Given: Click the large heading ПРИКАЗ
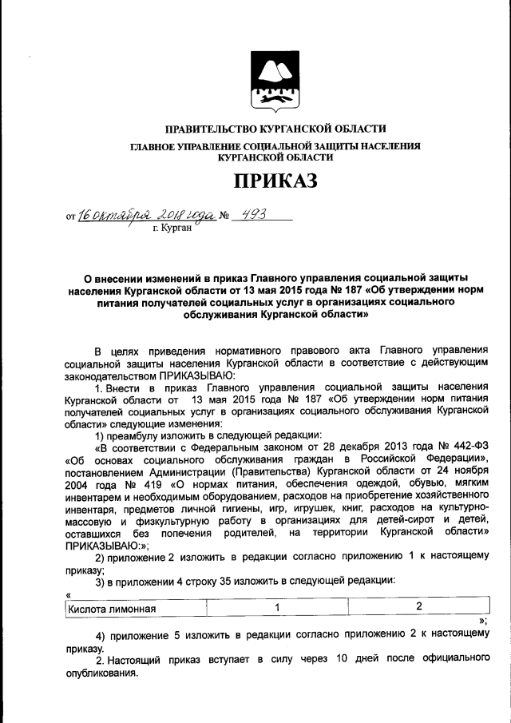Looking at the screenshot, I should coord(274,182).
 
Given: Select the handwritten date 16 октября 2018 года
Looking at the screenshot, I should coord(146,214).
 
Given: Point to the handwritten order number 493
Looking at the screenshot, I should coord(256,213).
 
